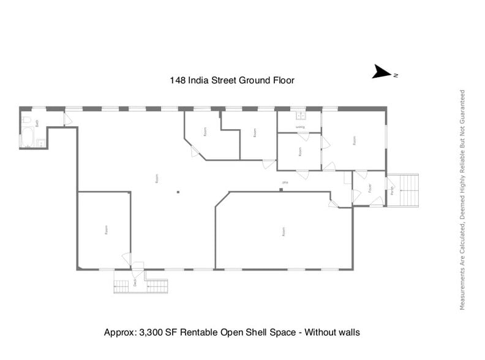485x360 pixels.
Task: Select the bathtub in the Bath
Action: pos(27,138)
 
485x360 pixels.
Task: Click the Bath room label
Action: pos(37,123)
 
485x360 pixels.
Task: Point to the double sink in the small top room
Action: pos(300,116)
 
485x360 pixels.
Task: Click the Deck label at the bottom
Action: pos(135,283)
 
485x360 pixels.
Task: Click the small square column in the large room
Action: pos(178,192)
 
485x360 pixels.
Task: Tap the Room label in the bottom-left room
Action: pos(106,231)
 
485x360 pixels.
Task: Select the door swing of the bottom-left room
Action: pos(127,259)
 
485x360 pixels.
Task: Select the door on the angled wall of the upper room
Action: pos(195,151)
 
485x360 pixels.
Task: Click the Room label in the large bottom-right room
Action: pos(283,231)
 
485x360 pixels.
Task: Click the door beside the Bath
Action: pos(67,119)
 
